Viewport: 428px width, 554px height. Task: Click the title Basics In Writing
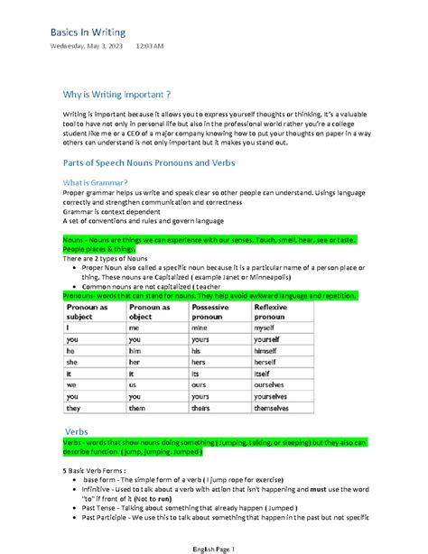pyautogui.click(x=87, y=33)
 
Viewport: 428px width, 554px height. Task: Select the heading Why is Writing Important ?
pyautogui.click(x=117, y=94)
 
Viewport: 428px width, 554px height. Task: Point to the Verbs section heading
pyautogui.click(x=76, y=430)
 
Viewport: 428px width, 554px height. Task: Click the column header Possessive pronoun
pyautogui.click(x=217, y=312)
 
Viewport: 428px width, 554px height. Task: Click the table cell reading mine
pyautogui.click(x=202, y=330)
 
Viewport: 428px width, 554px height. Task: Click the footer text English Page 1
pyautogui.click(x=213, y=548)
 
